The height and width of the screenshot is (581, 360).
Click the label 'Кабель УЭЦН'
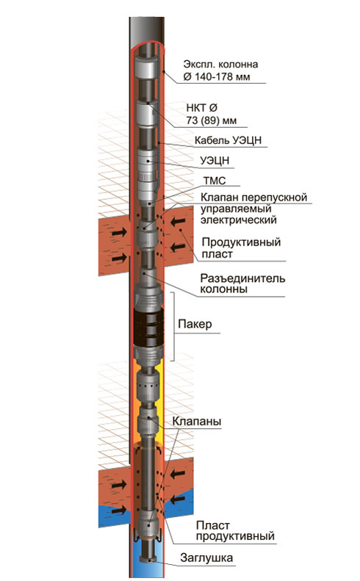(228, 140)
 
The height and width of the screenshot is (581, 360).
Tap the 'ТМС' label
(215, 181)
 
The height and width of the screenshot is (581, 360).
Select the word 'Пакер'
(195, 324)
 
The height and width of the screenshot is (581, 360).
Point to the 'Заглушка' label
(206, 557)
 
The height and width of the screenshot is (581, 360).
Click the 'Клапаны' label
(196, 422)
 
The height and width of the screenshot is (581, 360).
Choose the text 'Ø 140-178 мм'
(217, 76)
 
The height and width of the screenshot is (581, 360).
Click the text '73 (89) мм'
(212, 120)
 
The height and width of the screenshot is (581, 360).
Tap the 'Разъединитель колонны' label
(242, 284)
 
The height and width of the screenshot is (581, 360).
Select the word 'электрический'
(238, 220)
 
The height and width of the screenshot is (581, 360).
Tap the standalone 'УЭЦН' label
(215, 160)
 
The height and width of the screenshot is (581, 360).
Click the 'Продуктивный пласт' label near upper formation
(241, 248)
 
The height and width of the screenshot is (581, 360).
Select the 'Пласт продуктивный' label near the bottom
(235, 530)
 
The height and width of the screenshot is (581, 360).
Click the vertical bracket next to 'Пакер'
(173, 326)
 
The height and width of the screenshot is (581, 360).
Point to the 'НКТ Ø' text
(201, 108)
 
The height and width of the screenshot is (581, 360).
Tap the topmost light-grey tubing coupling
(148, 67)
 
